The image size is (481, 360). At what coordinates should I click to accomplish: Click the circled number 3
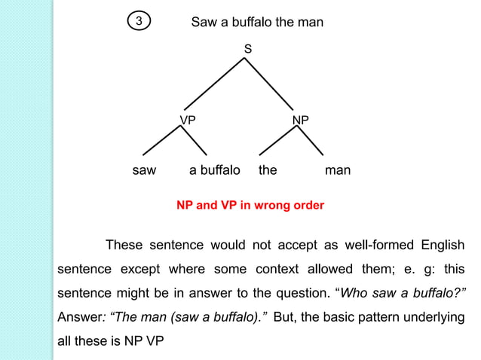coord(138,23)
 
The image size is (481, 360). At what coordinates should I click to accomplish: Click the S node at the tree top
coord(247,49)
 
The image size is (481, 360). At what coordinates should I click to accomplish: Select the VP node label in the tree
coord(188,121)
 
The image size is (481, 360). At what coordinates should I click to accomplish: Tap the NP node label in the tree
coord(301,121)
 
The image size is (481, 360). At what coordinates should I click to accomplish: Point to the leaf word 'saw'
coord(144,170)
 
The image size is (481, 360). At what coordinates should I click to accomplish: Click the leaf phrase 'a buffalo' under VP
coord(215,170)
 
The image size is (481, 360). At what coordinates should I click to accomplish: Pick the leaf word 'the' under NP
coord(268,170)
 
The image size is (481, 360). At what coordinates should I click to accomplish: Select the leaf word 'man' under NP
coord(338,170)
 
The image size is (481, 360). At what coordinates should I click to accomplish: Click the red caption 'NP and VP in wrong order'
coord(250,206)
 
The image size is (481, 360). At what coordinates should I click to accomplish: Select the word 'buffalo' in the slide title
coord(250,23)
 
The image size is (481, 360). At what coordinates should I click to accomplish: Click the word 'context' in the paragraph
coord(280,269)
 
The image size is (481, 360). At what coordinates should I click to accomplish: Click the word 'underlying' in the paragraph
coord(432,317)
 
